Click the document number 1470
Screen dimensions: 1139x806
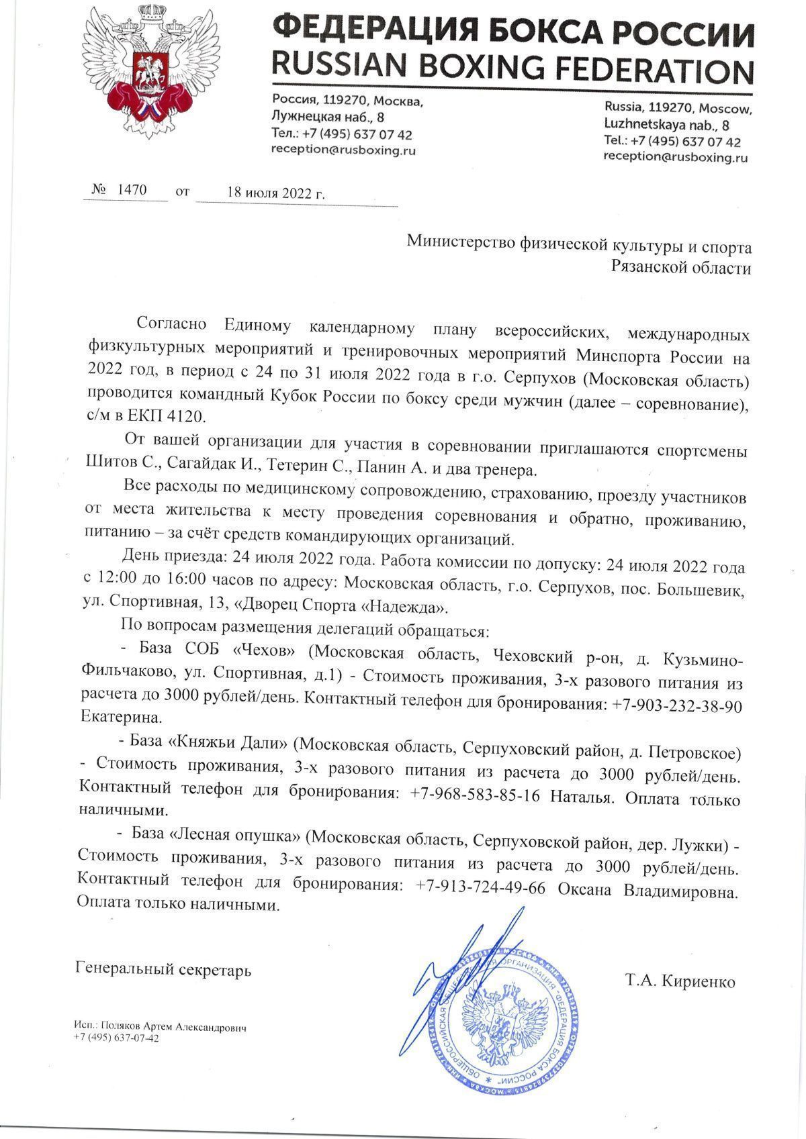(132, 190)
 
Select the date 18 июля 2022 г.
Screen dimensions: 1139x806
(276, 192)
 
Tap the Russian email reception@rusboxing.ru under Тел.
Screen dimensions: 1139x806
(343, 150)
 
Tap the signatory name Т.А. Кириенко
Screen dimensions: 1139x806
(680, 981)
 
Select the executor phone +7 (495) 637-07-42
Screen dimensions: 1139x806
(117, 1038)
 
